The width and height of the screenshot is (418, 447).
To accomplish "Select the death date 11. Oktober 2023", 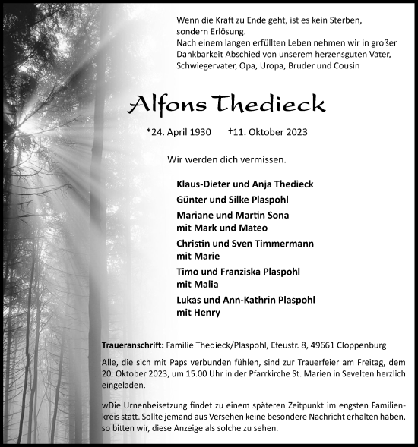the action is pyautogui.click(x=268, y=132).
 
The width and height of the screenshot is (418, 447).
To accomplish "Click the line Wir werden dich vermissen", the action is pyautogui.click(x=226, y=159).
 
